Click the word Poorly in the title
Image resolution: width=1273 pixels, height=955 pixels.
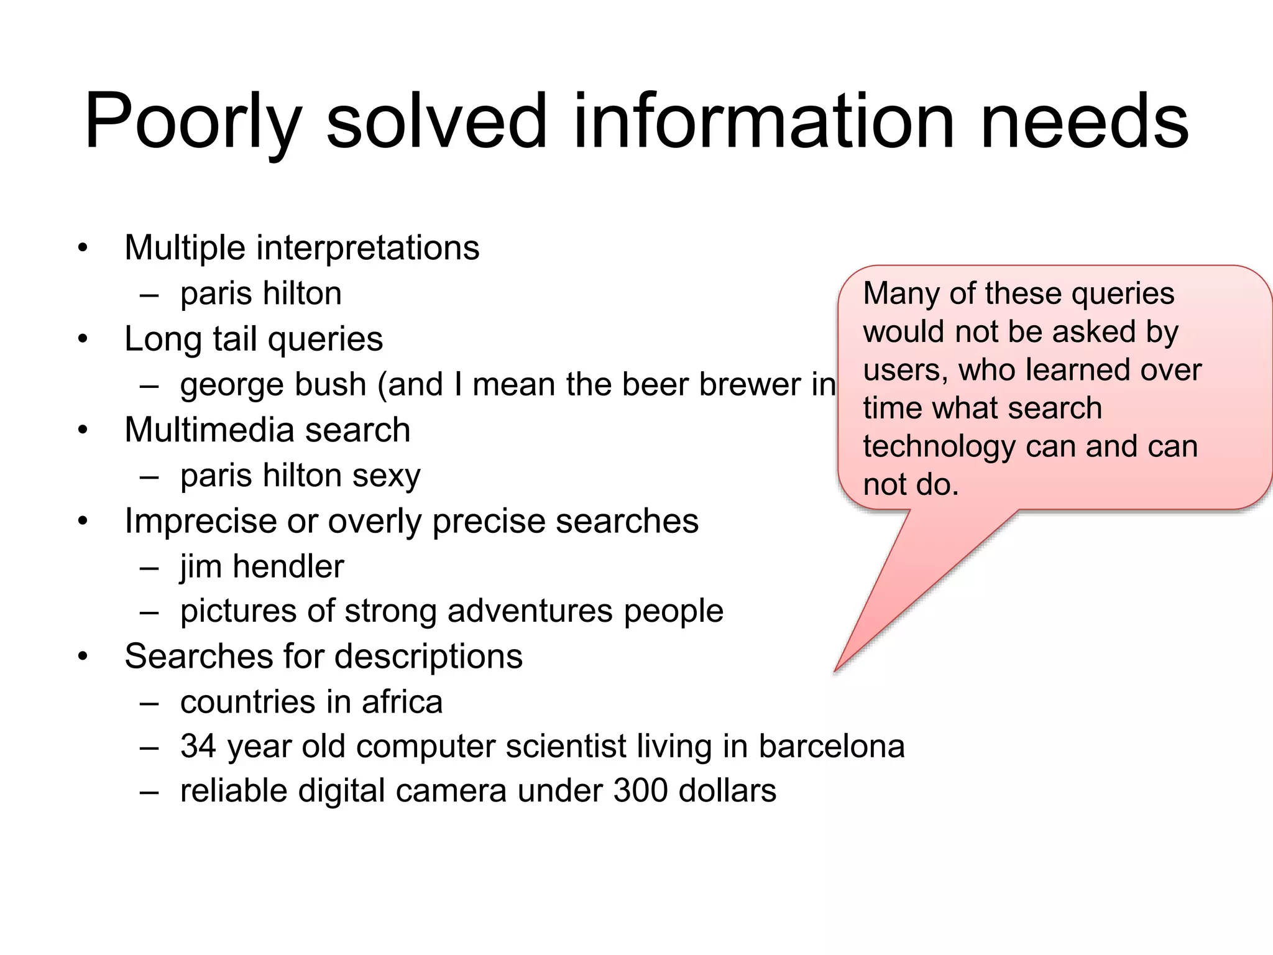tap(193, 121)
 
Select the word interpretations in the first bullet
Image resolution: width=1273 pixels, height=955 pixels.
tap(367, 248)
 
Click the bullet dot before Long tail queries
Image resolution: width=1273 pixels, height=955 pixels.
tap(83, 339)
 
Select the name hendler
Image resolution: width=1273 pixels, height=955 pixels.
tap(288, 566)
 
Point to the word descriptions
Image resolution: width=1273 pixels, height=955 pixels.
tap(429, 657)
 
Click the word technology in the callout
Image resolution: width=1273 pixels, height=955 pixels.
tap(939, 447)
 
